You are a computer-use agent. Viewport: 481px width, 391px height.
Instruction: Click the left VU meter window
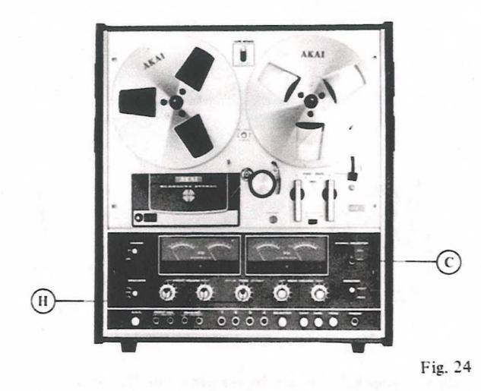tap(198, 254)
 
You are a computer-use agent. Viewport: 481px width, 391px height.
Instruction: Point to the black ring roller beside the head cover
tap(255, 182)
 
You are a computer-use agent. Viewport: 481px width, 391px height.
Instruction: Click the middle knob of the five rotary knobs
tap(242, 292)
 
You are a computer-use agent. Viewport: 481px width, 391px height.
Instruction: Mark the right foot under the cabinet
tap(357, 345)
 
